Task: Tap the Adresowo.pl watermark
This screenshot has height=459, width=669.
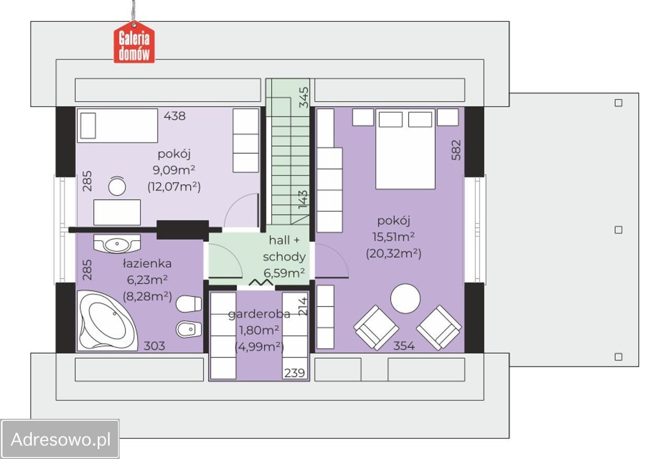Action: tap(60, 439)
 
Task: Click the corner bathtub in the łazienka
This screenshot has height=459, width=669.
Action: tap(107, 321)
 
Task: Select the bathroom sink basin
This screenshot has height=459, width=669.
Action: tap(117, 243)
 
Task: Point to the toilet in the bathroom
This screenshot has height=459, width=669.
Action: tap(189, 304)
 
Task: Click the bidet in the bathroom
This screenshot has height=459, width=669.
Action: tap(189, 329)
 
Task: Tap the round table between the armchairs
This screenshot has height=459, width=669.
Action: tap(405, 299)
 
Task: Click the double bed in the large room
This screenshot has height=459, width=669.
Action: tap(405, 149)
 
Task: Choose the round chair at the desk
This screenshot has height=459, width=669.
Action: tap(117, 186)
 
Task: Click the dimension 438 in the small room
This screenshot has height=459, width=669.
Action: tap(175, 116)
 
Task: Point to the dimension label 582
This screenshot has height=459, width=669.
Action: tap(456, 150)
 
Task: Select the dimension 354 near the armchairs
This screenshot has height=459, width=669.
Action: tap(404, 346)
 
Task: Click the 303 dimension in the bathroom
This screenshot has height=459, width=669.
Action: tap(154, 346)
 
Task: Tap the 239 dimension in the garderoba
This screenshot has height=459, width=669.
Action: tap(294, 373)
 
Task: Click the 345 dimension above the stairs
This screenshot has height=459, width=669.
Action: tap(304, 97)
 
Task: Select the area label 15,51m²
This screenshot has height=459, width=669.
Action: tap(394, 237)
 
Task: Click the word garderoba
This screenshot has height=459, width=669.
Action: tap(259, 314)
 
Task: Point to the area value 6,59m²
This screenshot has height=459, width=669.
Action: tap(284, 273)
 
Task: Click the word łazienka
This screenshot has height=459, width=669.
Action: tap(147, 264)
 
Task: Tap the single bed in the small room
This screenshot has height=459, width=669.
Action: tap(118, 125)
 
